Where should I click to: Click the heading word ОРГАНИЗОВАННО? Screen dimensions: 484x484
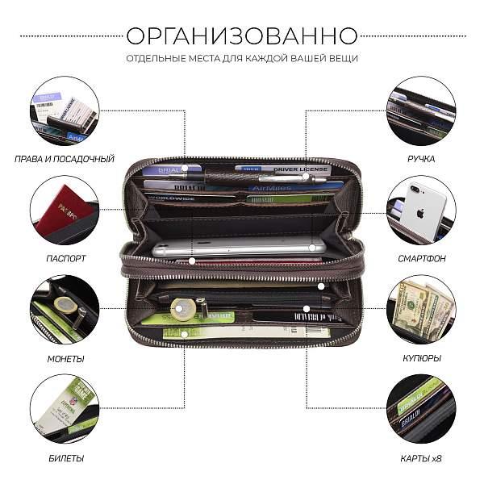242,35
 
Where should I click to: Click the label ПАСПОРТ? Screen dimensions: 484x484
65,258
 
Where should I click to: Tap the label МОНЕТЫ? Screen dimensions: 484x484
65,357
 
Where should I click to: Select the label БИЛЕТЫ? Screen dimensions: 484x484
65,458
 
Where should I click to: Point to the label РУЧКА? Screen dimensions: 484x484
420,159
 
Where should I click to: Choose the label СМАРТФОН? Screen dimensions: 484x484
420,258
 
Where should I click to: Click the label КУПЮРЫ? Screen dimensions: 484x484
420,357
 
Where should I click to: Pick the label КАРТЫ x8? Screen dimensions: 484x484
420,458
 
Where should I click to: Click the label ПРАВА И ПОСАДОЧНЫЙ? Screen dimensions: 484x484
65,159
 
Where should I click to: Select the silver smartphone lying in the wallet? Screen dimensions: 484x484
238,248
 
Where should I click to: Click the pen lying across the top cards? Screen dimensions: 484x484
250,176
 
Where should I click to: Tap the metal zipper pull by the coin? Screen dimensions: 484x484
202,307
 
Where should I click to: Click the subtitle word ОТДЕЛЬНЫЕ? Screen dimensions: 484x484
152,58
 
